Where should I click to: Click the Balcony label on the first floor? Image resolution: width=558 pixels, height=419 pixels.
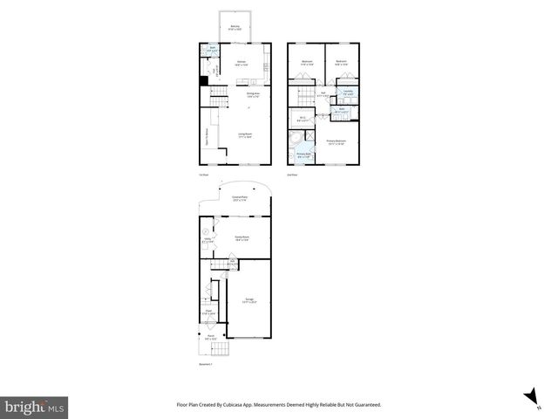(x=235, y=28)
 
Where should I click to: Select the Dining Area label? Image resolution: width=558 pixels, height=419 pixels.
(x=254, y=94)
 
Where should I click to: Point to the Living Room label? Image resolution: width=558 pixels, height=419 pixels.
(x=246, y=134)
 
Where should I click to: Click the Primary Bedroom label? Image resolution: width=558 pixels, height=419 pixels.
(x=337, y=141)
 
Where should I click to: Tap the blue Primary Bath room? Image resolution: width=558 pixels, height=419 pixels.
(x=303, y=155)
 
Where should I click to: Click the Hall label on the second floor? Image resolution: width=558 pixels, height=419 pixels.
(x=322, y=93)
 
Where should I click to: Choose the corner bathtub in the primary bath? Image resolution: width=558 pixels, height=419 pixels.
(x=295, y=139)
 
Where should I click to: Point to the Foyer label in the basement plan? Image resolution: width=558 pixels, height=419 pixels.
(x=209, y=311)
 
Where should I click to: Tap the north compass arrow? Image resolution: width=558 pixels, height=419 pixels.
(x=530, y=398)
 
